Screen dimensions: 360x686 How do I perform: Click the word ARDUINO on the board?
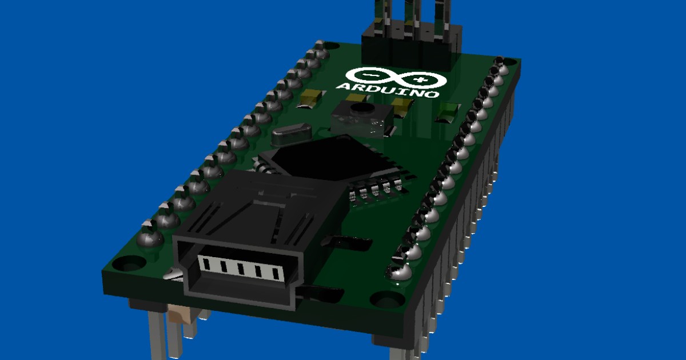point(388,90)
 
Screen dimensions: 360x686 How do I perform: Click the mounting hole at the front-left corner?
point(128,264)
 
